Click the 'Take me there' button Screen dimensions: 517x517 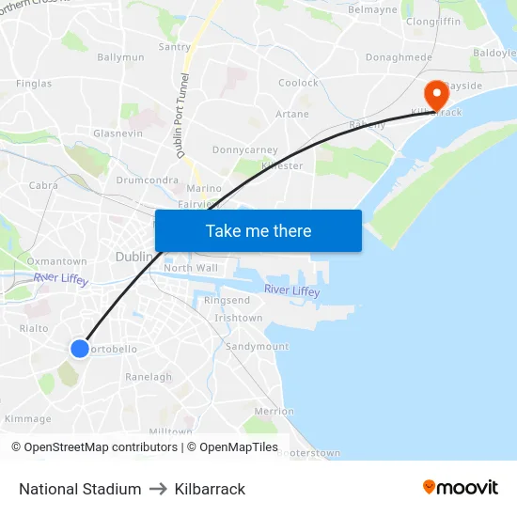(258, 230)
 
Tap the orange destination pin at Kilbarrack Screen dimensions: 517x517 (436, 95)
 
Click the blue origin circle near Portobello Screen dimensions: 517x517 (80, 349)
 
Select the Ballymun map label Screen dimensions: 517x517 (120, 57)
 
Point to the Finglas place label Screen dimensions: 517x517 (34, 84)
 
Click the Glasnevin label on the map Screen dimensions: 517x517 (117, 133)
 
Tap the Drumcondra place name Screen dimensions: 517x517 (147, 180)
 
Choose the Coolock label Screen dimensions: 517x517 (298, 83)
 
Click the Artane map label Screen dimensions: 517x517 (291, 115)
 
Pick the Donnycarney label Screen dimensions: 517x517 (244, 149)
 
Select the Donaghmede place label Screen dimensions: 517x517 (399, 57)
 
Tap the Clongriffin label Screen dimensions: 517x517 (432, 20)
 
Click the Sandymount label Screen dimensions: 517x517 (257, 346)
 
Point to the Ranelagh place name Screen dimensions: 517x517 (149, 377)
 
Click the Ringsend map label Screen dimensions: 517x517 (227, 301)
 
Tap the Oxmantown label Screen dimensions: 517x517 (56, 261)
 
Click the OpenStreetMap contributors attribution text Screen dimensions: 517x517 (94, 447)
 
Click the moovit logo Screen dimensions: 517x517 (460, 488)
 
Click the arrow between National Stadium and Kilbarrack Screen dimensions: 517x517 (158, 489)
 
